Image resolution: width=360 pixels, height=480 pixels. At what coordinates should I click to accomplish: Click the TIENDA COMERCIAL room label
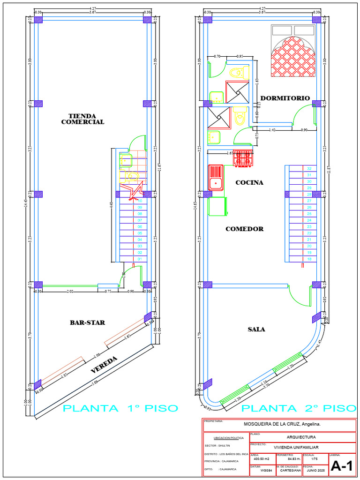pos(82,119)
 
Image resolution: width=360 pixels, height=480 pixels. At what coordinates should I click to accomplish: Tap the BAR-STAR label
pos(87,322)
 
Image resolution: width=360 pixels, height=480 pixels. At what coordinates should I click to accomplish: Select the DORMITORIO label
pos(285,98)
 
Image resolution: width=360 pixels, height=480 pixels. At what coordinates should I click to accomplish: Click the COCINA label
pos(249,182)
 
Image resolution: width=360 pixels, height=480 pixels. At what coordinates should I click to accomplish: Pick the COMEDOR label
pos(244,229)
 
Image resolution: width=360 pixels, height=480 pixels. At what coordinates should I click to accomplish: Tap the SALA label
pos(256,330)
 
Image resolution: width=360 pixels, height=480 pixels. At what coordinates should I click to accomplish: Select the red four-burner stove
pos(243,157)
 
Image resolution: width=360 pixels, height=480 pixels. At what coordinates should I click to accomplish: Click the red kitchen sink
pos(216,177)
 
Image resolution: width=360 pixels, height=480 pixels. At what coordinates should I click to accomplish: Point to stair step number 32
pos(309,168)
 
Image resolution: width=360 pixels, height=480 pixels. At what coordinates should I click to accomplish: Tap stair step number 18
pos(309,259)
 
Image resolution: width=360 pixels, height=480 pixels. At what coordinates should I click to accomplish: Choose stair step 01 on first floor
pos(140,259)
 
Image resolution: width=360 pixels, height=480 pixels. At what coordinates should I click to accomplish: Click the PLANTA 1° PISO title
pos(120,408)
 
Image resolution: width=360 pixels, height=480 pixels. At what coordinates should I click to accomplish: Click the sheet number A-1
pos(341,466)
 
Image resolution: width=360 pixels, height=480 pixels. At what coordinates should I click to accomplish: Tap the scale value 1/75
pos(314,459)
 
